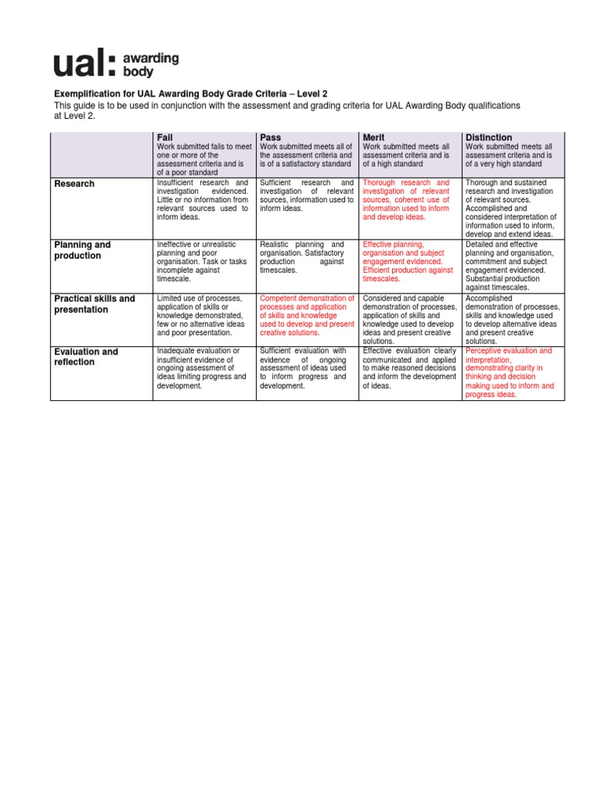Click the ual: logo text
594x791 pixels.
pos(84,65)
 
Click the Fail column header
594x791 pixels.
pos(165,137)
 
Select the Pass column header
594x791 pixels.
pos(271,137)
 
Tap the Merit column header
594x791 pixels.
pos(374,137)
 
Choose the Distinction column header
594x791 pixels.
pos(489,137)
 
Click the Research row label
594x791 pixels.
pos(74,184)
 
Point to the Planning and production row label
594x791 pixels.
pos(82,250)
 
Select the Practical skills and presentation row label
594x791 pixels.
pos(94,304)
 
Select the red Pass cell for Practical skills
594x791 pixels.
pos(307,315)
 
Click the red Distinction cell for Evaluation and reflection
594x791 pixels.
pos(510,372)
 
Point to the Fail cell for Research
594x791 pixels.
pos(203,200)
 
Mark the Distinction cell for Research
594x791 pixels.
pos(510,208)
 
